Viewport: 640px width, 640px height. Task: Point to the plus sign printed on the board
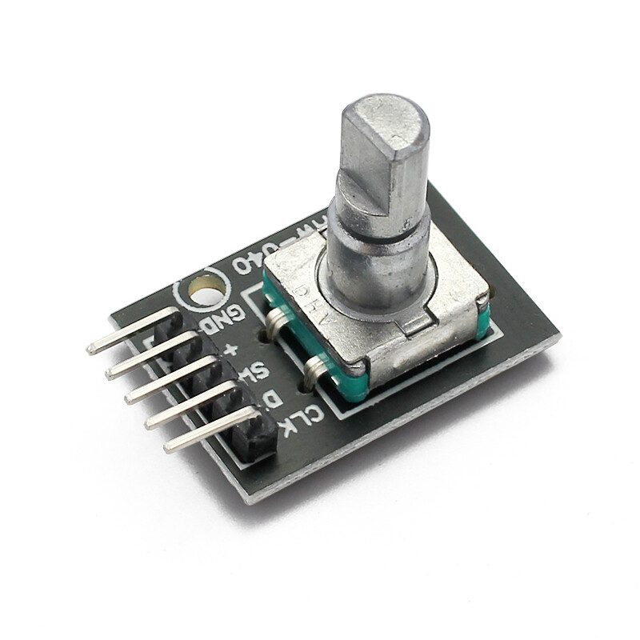coord(232,350)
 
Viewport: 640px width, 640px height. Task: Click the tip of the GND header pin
coord(92,348)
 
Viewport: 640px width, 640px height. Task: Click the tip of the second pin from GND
coord(110,372)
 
